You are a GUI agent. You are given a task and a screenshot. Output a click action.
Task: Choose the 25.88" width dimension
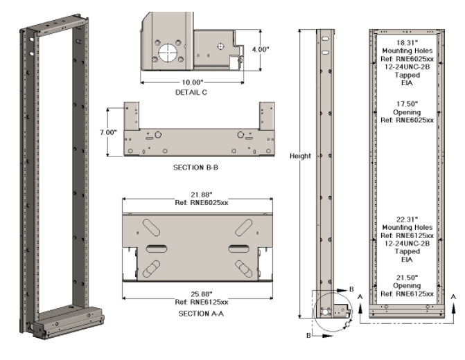(196, 294)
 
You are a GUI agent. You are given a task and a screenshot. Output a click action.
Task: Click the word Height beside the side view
(300, 156)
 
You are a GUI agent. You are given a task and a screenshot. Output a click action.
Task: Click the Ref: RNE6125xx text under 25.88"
(196, 302)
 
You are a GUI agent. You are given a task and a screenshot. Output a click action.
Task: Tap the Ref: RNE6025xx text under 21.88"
(196, 204)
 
